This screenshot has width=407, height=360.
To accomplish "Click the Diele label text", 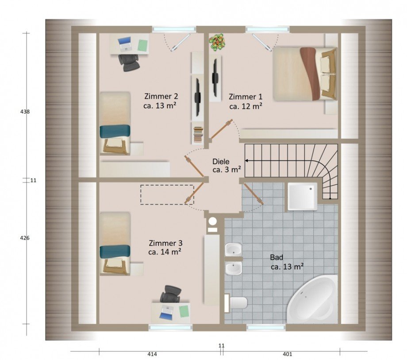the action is click(x=221, y=161).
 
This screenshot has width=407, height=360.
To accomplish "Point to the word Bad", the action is click(x=276, y=257).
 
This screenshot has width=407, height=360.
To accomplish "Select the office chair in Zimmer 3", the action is click(x=170, y=294).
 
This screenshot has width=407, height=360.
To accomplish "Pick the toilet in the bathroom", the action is click(x=236, y=303).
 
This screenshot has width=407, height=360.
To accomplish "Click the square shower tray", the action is click(x=303, y=196).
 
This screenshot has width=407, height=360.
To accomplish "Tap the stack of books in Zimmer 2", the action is click(x=198, y=134).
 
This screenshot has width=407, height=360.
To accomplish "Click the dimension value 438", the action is click(x=25, y=112).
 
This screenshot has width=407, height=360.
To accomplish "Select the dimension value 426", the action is click(x=25, y=238).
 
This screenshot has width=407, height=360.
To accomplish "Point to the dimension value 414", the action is click(x=152, y=354).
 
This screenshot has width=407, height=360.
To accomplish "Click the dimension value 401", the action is click(x=288, y=354).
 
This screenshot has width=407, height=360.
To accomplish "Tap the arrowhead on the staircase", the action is click(x=247, y=161).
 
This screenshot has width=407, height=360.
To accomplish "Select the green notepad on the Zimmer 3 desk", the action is click(x=184, y=311).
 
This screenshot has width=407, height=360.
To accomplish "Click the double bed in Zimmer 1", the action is click(x=305, y=74).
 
